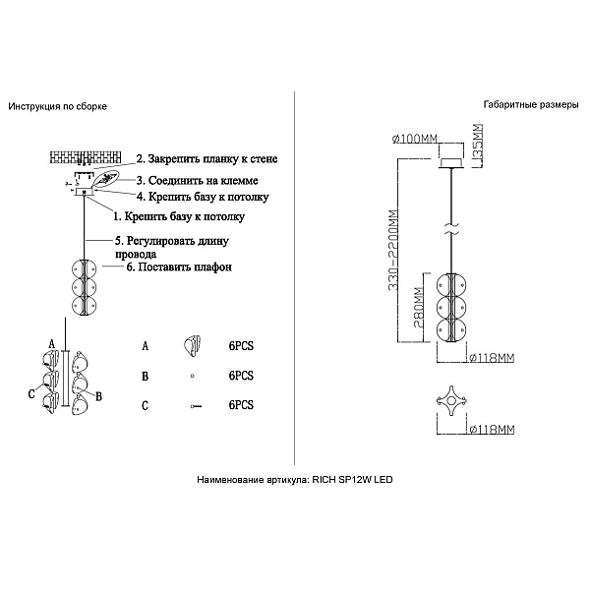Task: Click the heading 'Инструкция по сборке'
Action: (58, 106)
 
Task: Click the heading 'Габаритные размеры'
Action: (531, 105)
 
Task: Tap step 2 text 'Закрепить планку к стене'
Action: (212, 158)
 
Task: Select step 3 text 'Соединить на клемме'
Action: (204, 181)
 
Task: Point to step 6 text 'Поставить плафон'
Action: (185, 267)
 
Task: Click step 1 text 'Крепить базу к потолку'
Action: (185, 216)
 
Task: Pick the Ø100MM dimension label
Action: (414, 139)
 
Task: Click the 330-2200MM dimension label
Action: (392, 250)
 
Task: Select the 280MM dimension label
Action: (419, 308)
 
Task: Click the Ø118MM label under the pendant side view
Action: (493, 358)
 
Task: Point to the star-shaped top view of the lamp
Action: (451, 399)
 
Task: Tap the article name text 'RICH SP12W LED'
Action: (352, 480)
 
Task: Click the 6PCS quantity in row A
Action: (241, 346)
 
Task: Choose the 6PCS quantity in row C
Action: (241, 405)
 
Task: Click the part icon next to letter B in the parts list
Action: (193, 376)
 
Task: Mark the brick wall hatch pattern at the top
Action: (86, 157)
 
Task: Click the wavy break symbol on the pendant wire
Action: (451, 230)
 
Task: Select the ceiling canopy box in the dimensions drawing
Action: (451, 163)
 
